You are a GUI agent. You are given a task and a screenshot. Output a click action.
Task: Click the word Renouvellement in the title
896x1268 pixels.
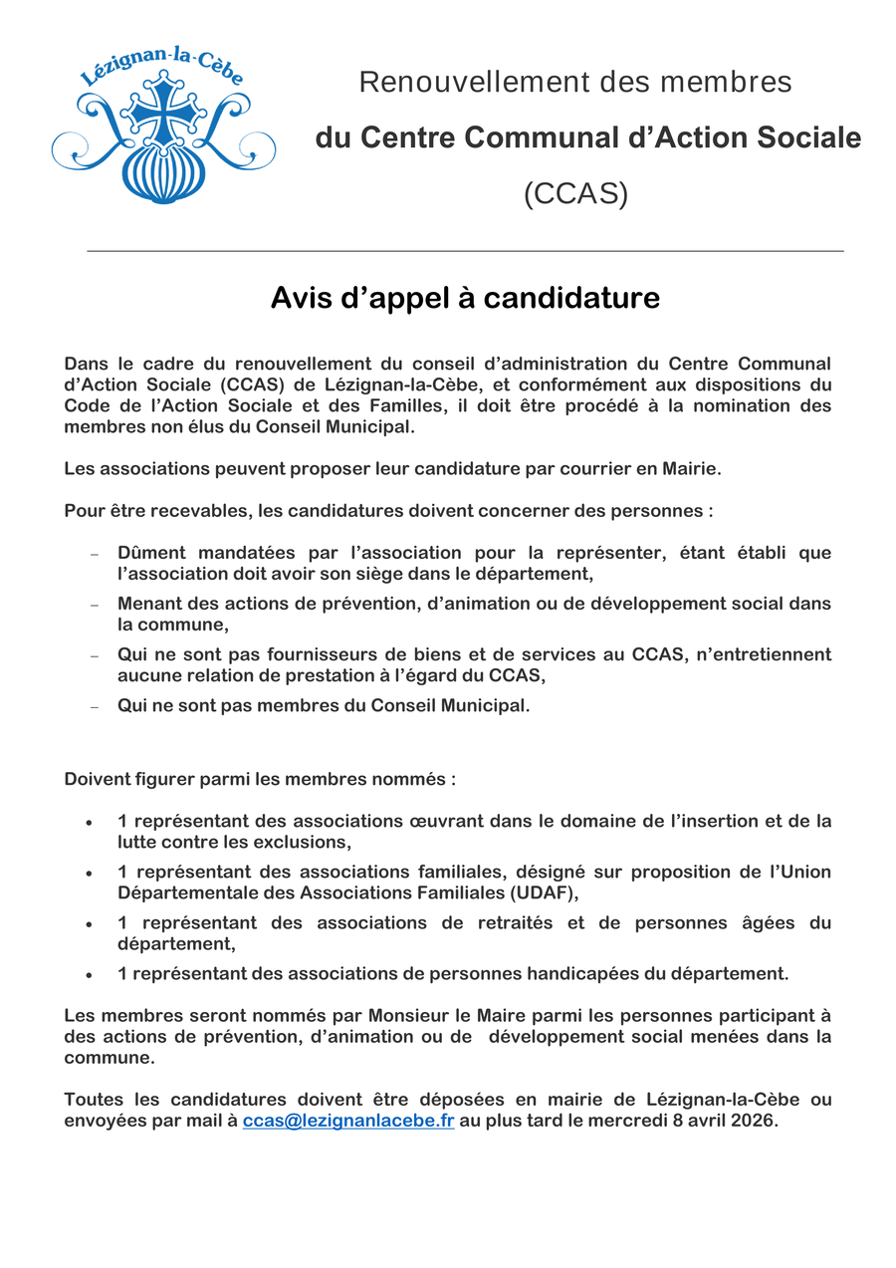pyautogui.click(x=465, y=82)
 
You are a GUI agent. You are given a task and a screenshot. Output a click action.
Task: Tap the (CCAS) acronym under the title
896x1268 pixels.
pyautogui.click(x=575, y=193)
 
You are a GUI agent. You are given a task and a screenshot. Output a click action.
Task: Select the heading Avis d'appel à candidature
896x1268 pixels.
pyautogui.click(x=465, y=298)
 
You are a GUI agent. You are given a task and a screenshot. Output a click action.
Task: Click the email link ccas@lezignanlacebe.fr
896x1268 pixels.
pyautogui.click(x=348, y=1121)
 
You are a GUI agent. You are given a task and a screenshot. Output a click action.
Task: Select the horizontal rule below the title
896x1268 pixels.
pyautogui.click(x=465, y=251)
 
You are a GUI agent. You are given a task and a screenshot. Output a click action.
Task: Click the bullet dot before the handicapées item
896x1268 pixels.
pyautogui.click(x=90, y=975)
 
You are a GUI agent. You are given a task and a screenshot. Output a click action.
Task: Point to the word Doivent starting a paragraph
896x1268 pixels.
pyautogui.click(x=98, y=779)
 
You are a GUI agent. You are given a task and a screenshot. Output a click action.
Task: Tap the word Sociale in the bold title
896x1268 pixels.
pyautogui.click(x=807, y=137)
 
